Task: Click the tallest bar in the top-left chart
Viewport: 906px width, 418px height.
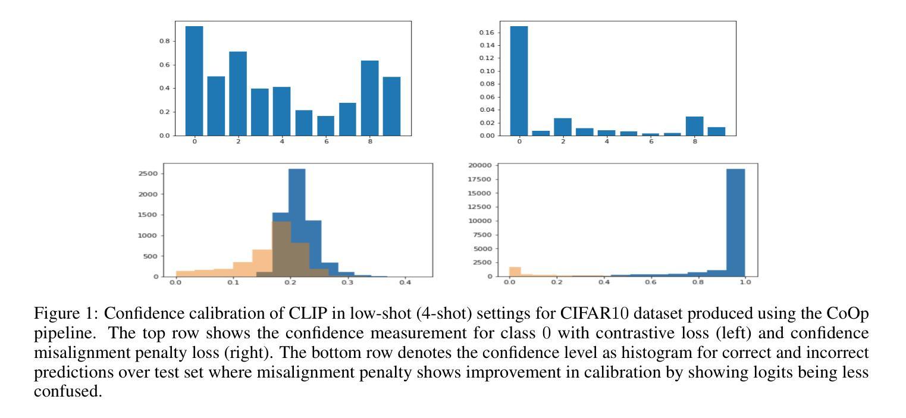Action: pyautogui.click(x=194, y=81)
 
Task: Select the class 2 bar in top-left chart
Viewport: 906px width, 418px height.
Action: pyautogui.click(x=238, y=93)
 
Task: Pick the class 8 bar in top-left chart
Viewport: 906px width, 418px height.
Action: pyautogui.click(x=369, y=98)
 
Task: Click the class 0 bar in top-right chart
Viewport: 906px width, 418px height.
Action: pyautogui.click(x=519, y=81)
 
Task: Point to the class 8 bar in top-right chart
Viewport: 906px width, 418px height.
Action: pyautogui.click(x=694, y=126)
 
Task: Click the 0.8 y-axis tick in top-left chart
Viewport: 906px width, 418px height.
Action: pyautogui.click(x=164, y=41)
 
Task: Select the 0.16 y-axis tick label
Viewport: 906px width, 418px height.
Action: pyautogui.click(x=486, y=32)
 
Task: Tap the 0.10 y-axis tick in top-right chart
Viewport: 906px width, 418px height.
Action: pyautogui.click(x=486, y=71)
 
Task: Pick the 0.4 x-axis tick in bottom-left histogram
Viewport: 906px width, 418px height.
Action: pyautogui.click(x=405, y=282)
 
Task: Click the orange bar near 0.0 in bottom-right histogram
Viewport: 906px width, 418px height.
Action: pyautogui.click(x=515, y=272)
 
